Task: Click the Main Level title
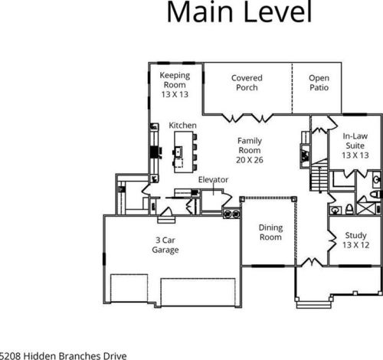tap(239, 11)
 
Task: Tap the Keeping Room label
tap(175, 80)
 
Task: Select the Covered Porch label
tap(247, 83)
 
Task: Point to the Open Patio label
tap(319, 83)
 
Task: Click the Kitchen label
tap(183, 126)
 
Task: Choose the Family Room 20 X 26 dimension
tap(250, 160)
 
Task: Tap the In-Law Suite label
tap(355, 141)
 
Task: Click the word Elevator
tap(213, 179)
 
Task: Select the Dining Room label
tap(270, 232)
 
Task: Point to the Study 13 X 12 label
tap(355, 240)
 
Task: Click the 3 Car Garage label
tap(165, 245)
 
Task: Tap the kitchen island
tap(184, 152)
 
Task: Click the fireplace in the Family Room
tap(305, 155)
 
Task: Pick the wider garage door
tap(198, 292)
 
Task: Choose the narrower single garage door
tap(129, 288)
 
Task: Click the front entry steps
tap(313, 305)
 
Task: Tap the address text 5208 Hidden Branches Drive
tap(63, 356)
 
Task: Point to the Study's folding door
tap(332, 240)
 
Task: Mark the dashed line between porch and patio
tap(293, 88)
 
